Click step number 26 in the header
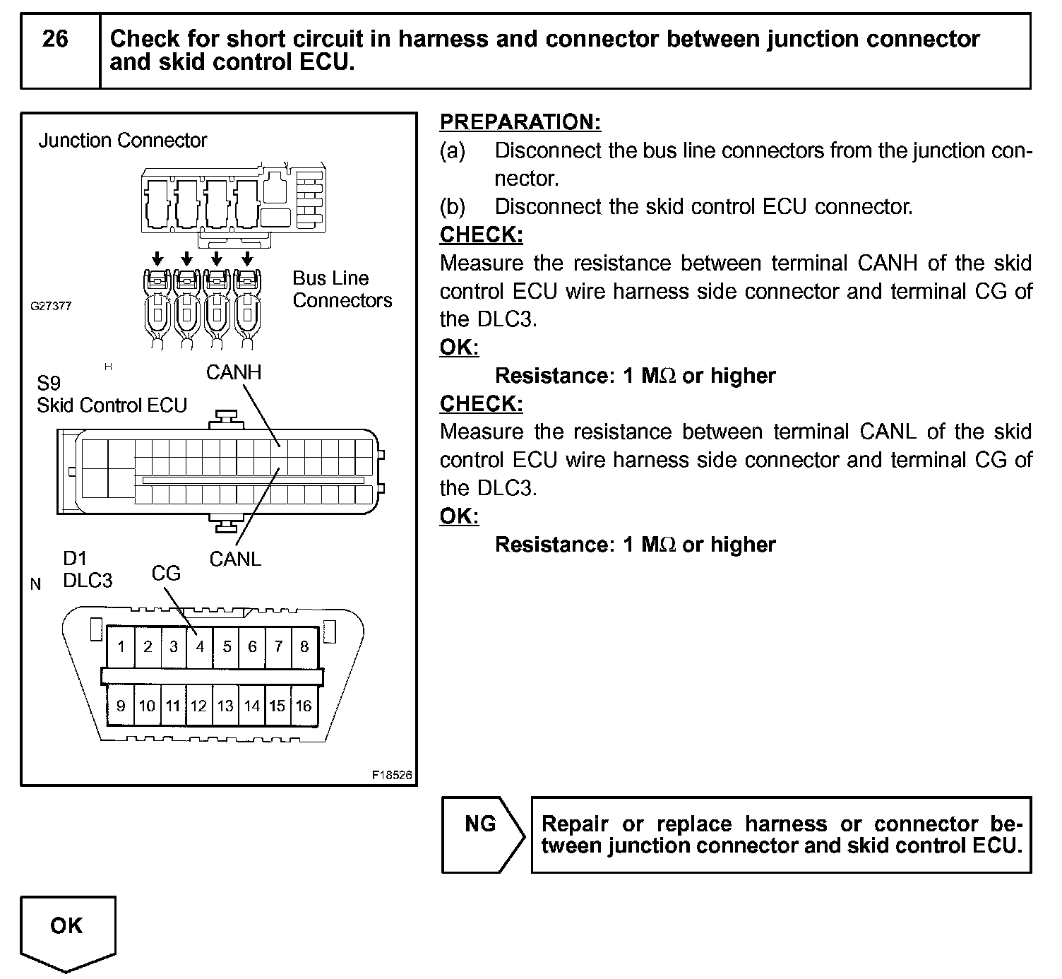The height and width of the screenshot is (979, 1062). (55, 39)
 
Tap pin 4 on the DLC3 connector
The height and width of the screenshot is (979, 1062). (200, 646)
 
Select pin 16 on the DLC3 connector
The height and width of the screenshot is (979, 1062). (304, 706)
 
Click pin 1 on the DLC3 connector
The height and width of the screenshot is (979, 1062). (121, 646)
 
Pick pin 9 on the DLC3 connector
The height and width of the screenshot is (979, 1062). (121, 706)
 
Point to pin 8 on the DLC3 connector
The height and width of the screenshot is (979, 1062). (304, 646)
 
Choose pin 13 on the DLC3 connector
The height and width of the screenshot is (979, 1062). (225, 706)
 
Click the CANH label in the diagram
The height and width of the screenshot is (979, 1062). (234, 372)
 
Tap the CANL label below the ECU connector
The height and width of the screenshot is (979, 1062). (235, 559)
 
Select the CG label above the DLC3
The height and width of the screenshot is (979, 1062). (166, 573)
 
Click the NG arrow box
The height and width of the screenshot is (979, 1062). (482, 833)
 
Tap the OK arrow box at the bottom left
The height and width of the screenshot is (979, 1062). (67, 929)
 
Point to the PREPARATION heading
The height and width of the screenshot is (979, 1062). (520, 121)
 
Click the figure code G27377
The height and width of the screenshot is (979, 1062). (50, 307)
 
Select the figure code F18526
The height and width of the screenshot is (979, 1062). (392, 775)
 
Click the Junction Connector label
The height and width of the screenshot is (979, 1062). (123, 141)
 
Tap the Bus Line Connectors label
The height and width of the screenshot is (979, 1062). (342, 289)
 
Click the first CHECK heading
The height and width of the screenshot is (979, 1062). (481, 235)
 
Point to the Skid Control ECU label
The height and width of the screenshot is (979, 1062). (112, 405)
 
